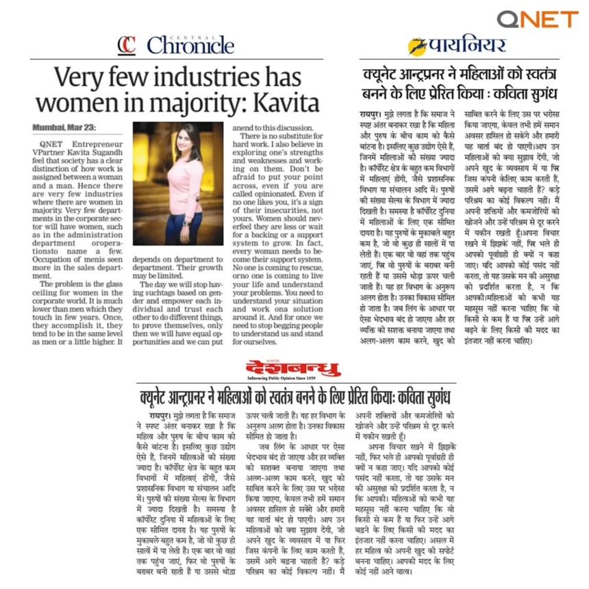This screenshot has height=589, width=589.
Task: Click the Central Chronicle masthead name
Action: click(x=190, y=47)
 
